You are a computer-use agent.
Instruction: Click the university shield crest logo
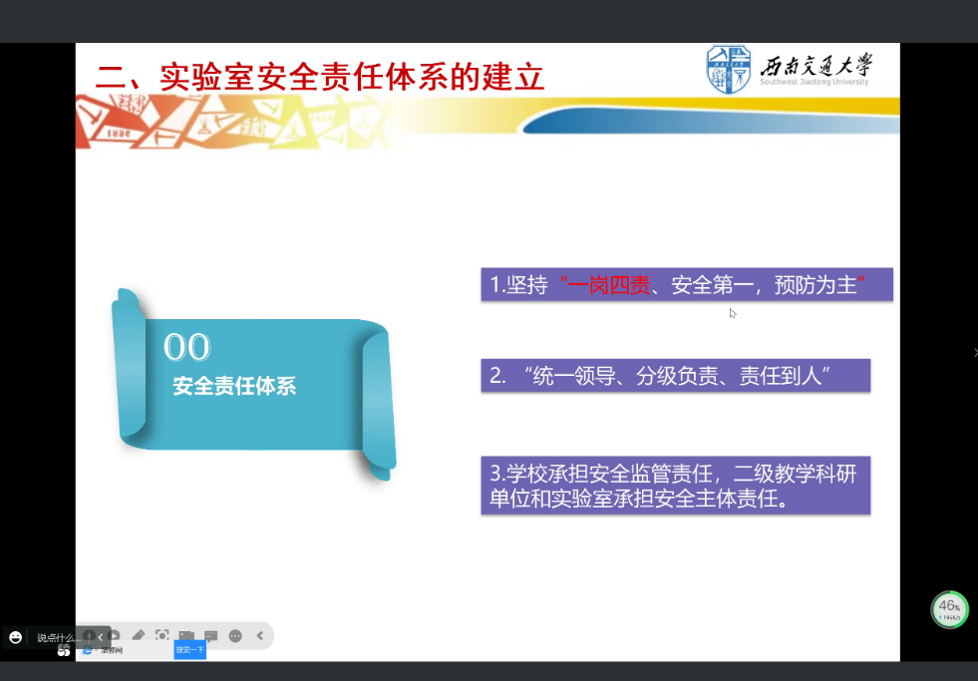click(x=729, y=71)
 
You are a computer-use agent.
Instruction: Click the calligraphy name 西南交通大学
click(x=815, y=66)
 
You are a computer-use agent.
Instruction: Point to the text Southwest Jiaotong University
click(x=814, y=83)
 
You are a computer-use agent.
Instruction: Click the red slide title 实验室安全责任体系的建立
click(x=320, y=76)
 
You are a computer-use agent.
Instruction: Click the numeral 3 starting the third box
click(x=495, y=473)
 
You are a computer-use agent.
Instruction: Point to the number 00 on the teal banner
click(x=186, y=348)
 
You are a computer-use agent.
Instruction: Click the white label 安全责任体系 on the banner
click(x=234, y=386)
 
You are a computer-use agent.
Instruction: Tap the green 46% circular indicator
click(x=949, y=608)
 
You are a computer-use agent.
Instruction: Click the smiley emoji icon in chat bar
click(x=15, y=637)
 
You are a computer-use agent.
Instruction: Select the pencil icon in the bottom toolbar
click(x=139, y=635)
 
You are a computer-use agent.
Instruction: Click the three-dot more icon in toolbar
click(x=235, y=635)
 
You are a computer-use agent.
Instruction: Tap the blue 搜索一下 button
click(x=189, y=650)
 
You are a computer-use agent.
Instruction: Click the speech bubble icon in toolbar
click(x=211, y=635)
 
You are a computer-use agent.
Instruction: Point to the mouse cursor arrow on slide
click(x=732, y=313)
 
